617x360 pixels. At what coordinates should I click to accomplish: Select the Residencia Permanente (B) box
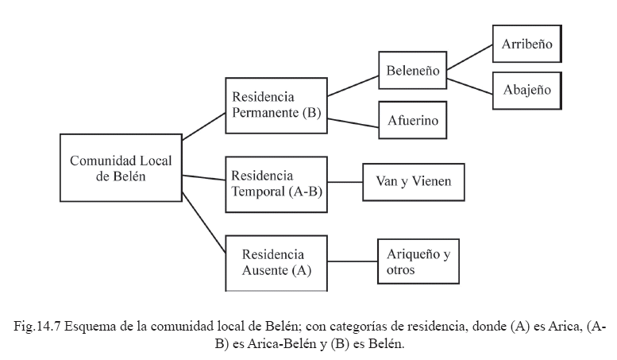[x=276, y=103]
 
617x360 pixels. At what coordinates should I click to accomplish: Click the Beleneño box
[x=412, y=69]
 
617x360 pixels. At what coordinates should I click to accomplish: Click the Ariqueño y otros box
[x=418, y=261]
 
